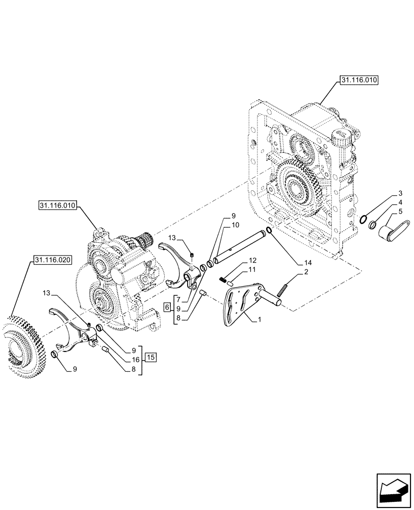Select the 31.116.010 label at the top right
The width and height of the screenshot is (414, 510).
point(356,81)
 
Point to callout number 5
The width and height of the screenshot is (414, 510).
point(400,211)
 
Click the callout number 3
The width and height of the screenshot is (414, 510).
point(400,194)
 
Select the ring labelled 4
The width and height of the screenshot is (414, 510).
point(373,225)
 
